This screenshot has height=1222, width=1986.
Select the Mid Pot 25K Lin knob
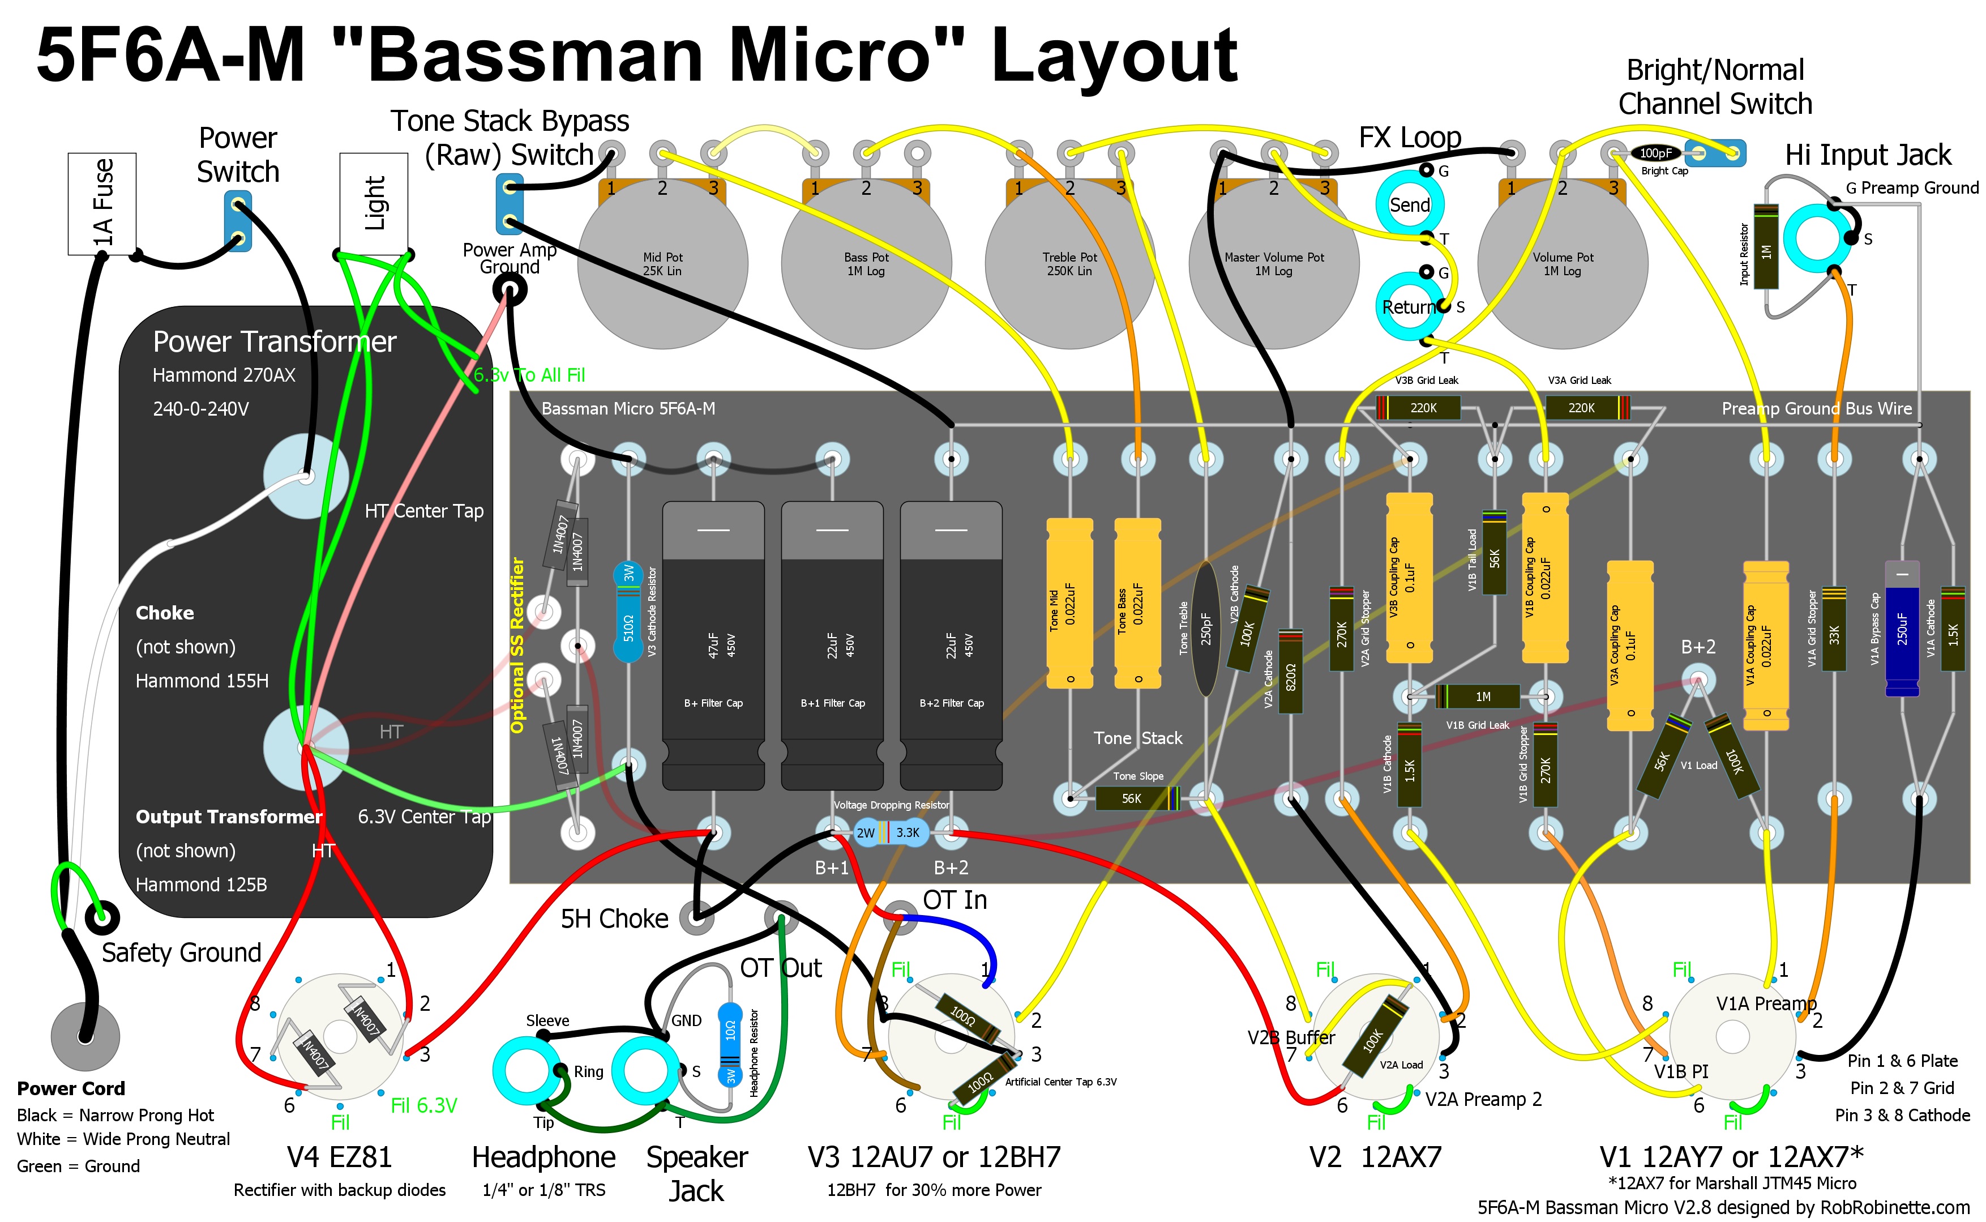tap(662, 264)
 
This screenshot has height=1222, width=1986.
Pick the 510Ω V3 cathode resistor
tap(628, 613)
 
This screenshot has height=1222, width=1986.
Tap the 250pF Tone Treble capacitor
tap(1205, 628)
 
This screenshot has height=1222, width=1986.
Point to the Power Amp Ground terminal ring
tap(511, 289)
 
